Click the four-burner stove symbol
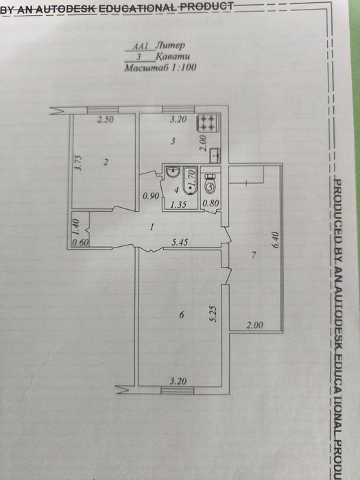[x=208, y=123]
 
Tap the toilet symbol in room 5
[x=211, y=183]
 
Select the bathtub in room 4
[x=190, y=182]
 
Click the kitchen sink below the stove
[x=213, y=154]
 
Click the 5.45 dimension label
[x=180, y=241]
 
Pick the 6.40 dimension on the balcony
[x=276, y=241]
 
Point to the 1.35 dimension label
[x=178, y=204]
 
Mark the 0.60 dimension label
[x=80, y=241]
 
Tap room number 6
[x=180, y=315]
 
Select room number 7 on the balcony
[x=253, y=256]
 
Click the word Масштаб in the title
[x=145, y=69]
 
